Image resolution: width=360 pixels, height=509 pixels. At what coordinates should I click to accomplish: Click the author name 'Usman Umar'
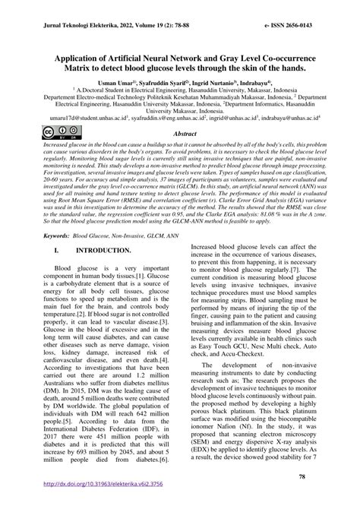click(x=115, y=83)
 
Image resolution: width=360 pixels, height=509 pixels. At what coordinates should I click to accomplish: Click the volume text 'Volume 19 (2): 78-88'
click(x=163, y=25)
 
